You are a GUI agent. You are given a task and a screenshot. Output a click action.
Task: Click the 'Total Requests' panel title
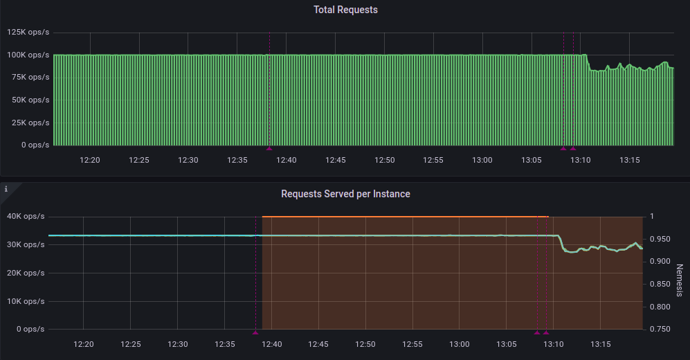[x=345, y=10]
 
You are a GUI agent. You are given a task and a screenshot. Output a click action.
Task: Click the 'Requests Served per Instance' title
[x=345, y=194]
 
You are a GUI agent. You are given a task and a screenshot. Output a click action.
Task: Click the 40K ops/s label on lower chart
[x=26, y=217]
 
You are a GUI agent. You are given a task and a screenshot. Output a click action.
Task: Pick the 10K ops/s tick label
[x=26, y=301]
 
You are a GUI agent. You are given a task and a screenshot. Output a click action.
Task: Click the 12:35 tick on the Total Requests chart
[x=237, y=160]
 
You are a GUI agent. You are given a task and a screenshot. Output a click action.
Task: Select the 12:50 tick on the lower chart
[x=365, y=344]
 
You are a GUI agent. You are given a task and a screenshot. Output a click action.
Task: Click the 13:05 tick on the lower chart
[x=506, y=344]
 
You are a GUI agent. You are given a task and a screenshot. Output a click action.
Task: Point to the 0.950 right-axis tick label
[x=661, y=240]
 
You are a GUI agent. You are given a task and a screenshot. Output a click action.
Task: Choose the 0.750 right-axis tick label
[x=661, y=329]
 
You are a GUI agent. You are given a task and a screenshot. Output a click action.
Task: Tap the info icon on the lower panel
[x=6, y=188]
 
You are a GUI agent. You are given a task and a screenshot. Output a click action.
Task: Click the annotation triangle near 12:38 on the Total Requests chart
[x=270, y=148]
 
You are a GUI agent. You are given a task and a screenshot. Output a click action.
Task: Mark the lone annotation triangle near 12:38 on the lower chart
[x=255, y=332]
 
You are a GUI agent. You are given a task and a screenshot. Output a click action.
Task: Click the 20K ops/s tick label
[x=26, y=273]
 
